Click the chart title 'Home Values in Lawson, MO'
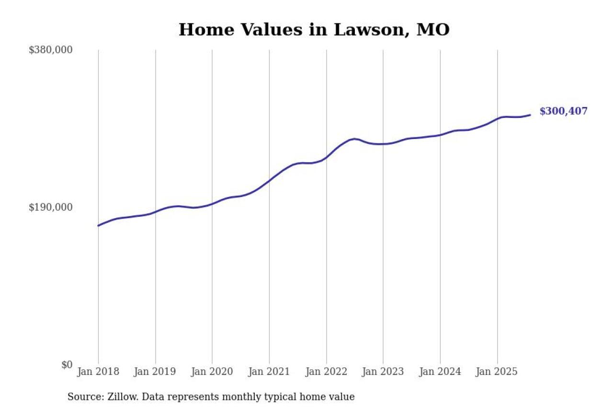click(314, 30)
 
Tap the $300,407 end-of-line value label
click(563, 111)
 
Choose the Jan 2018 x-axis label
click(98, 372)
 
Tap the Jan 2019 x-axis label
click(155, 372)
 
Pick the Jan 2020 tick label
click(212, 372)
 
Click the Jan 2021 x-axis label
click(269, 372)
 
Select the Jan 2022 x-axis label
click(326, 372)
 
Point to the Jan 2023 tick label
click(383, 372)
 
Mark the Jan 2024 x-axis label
click(440, 372)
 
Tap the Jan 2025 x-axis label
click(497, 372)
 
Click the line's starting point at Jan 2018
click(99, 225)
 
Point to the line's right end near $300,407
click(530, 115)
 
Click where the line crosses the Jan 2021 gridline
click(269, 181)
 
